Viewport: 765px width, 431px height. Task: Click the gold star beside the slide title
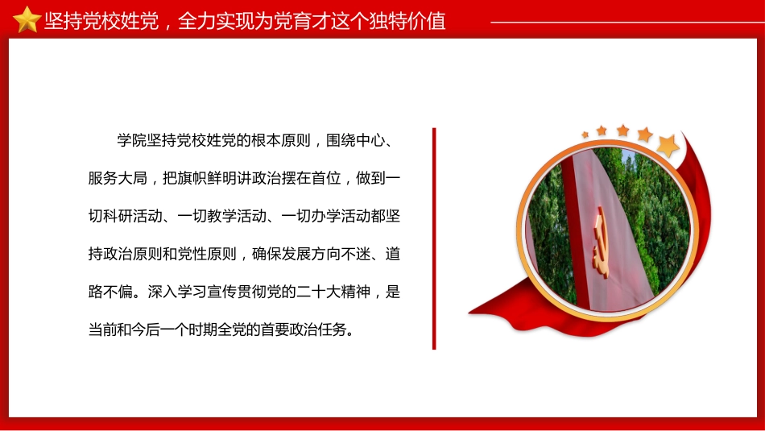click(x=27, y=19)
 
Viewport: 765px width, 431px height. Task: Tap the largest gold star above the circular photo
click(x=668, y=146)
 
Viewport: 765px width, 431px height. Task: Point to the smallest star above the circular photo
click(x=584, y=132)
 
